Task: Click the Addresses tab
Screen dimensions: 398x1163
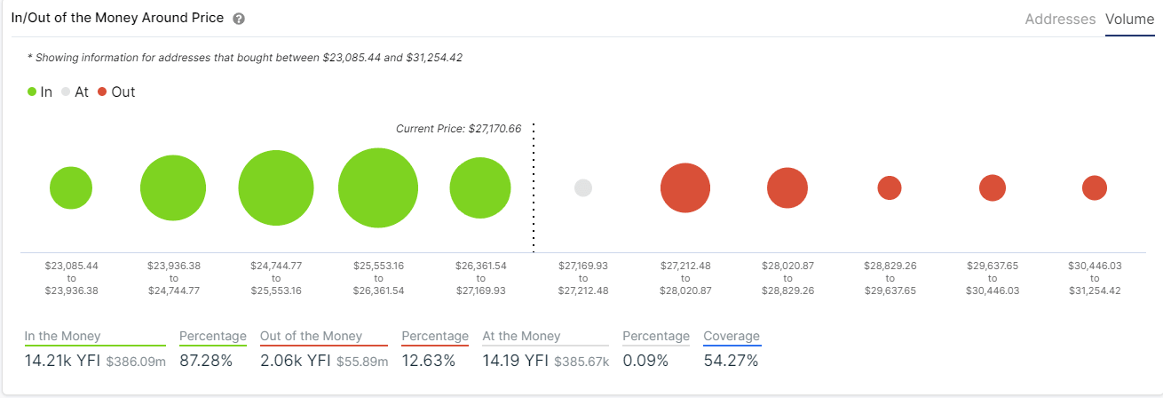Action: [x=1060, y=19]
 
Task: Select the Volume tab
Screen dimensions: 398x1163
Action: [x=1129, y=19]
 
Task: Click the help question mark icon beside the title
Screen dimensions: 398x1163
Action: [x=238, y=19]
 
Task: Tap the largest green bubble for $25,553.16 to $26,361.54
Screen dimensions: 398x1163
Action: [x=378, y=187]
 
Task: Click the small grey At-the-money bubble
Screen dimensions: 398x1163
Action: [x=583, y=187]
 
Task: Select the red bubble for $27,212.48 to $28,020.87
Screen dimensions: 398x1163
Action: [x=685, y=187]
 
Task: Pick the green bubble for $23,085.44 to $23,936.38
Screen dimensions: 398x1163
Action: [x=71, y=187]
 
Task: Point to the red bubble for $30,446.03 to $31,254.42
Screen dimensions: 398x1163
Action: [x=1095, y=187]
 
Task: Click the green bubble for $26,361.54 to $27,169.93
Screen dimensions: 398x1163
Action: [x=480, y=187]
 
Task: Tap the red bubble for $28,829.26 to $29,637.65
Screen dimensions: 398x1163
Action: [x=890, y=187]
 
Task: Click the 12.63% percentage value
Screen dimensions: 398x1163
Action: [x=429, y=361]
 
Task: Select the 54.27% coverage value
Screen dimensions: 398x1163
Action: [x=731, y=361]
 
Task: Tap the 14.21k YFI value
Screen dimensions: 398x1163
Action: [x=62, y=361]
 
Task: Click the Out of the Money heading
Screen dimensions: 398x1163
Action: [x=311, y=336]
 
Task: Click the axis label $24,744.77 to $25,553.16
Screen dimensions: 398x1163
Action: [x=276, y=278]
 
